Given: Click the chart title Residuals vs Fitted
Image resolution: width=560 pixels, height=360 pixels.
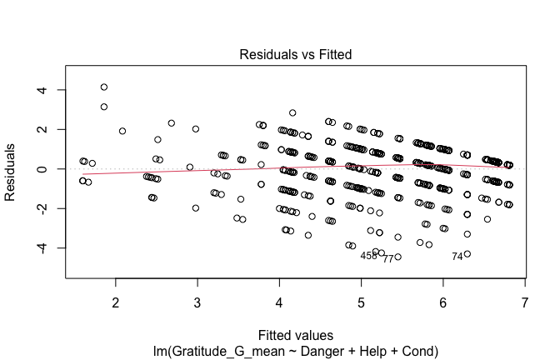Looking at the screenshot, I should pos(296,55).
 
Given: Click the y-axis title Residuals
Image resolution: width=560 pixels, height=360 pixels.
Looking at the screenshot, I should pos(12,169).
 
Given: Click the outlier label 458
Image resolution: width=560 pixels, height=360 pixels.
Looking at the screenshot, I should pos(368,256).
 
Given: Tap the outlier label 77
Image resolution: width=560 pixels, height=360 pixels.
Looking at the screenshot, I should pos(388,259).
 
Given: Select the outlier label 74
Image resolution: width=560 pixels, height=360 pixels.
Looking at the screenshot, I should pos(457,256).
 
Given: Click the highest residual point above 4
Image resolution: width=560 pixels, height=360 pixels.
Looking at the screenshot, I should pos(104,87).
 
